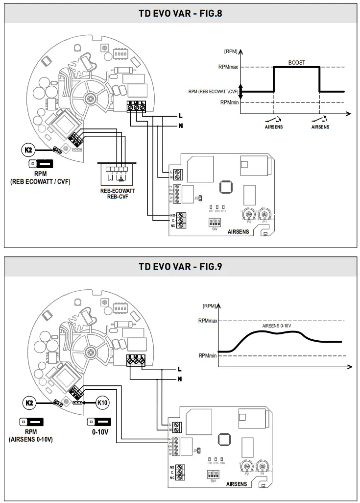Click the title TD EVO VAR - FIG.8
(x=180, y=13)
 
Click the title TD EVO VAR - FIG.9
(x=180, y=267)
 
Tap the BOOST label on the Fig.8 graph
(x=296, y=63)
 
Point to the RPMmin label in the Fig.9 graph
(x=208, y=356)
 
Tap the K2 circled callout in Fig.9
(x=29, y=402)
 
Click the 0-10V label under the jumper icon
(x=99, y=433)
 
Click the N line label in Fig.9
(x=179, y=379)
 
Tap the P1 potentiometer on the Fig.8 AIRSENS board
(x=264, y=214)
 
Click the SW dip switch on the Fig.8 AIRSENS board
(x=215, y=222)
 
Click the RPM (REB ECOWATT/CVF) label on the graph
(x=213, y=91)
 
